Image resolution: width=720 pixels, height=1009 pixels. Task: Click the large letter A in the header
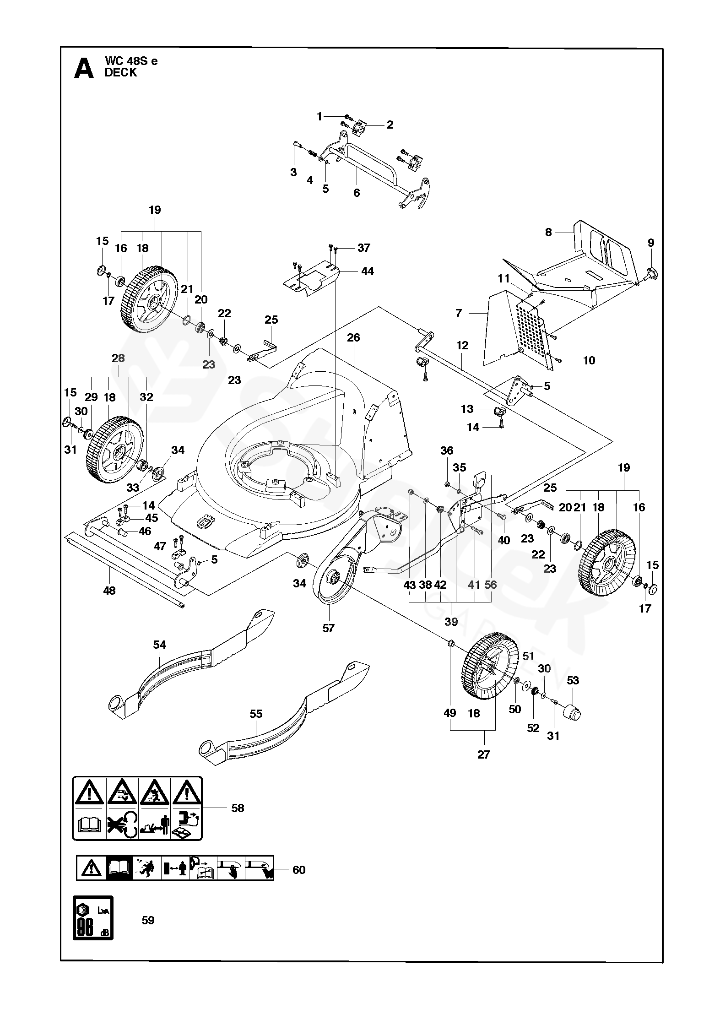tap(84, 68)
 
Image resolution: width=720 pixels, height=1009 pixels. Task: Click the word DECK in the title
tap(121, 73)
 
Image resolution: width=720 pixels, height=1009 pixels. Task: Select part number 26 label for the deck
tap(353, 338)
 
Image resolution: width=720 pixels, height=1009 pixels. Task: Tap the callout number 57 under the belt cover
tap(328, 628)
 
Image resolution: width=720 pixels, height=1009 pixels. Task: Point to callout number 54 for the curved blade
tap(159, 645)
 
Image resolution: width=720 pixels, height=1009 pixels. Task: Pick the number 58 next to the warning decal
tap(238, 808)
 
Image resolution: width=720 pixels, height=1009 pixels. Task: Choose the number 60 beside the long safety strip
tap(298, 869)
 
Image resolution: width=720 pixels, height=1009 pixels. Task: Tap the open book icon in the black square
tap(119, 868)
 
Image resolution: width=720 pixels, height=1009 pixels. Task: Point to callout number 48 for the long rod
tap(109, 591)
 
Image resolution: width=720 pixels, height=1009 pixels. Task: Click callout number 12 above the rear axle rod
tap(462, 345)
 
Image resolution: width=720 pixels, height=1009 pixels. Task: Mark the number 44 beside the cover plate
tap(367, 271)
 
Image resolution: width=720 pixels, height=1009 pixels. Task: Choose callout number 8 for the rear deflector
tap(548, 232)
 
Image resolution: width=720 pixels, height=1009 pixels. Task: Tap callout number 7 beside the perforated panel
tap(459, 313)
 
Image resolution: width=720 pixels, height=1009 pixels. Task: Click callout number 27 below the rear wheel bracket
tap(483, 755)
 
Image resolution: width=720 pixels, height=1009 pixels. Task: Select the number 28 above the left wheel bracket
tap(118, 358)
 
